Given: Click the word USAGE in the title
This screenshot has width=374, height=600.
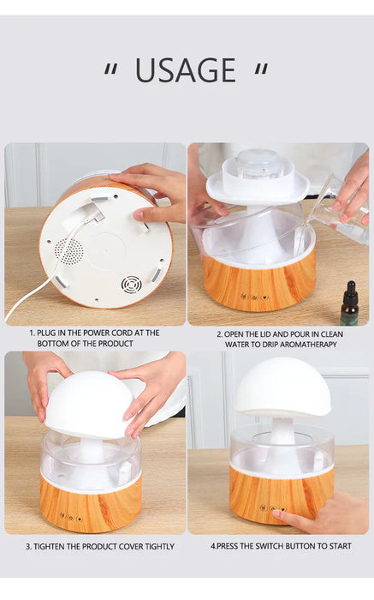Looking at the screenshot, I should [x=185, y=70].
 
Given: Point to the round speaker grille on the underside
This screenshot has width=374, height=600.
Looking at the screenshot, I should [x=70, y=251].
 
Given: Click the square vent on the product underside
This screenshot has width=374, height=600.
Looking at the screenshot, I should [x=130, y=285].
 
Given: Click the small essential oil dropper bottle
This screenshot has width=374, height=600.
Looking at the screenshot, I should [x=349, y=303].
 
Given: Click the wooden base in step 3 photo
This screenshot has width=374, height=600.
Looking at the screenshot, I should [x=90, y=509].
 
